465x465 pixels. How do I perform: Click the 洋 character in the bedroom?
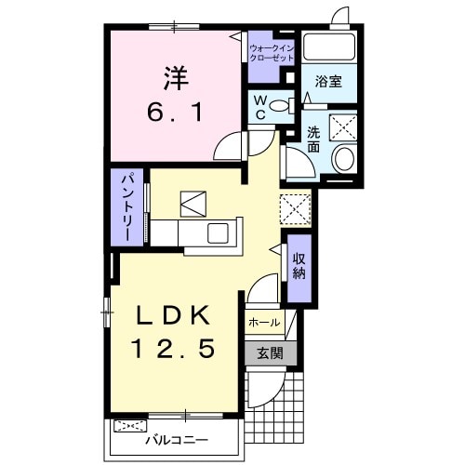tap(176, 78)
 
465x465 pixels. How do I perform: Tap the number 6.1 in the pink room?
tap(176, 112)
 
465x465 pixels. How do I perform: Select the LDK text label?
tap(174, 315)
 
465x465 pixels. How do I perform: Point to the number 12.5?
tap(174, 348)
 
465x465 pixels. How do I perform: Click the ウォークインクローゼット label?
tap(272, 53)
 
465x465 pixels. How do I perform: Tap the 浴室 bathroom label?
tap(328, 81)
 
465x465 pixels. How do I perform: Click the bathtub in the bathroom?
tap(329, 46)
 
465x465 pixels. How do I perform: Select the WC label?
tap(260, 107)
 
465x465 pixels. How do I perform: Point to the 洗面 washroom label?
tap(313, 139)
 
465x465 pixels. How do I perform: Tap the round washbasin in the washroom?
tap(344, 158)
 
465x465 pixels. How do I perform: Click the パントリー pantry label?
tap(127, 207)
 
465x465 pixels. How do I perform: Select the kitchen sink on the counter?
tap(218, 233)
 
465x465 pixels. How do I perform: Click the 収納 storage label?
tap(299, 266)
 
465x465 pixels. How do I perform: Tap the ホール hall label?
tap(264, 323)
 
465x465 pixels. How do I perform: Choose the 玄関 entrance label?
tap(270, 353)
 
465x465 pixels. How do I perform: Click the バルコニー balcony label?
tap(178, 440)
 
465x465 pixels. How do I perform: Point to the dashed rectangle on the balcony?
tap(130, 426)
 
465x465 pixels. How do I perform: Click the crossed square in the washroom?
tap(343, 127)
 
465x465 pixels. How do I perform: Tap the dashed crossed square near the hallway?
tap(296, 209)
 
